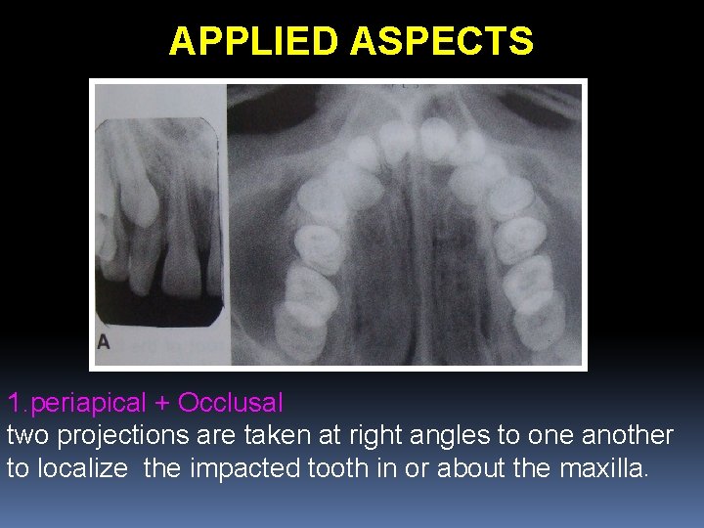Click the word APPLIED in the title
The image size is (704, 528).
click(254, 41)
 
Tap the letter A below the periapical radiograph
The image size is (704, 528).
click(104, 342)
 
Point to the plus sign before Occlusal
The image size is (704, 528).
click(162, 402)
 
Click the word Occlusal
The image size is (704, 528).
click(231, 402)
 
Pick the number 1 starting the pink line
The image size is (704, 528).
click(14, 402)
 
